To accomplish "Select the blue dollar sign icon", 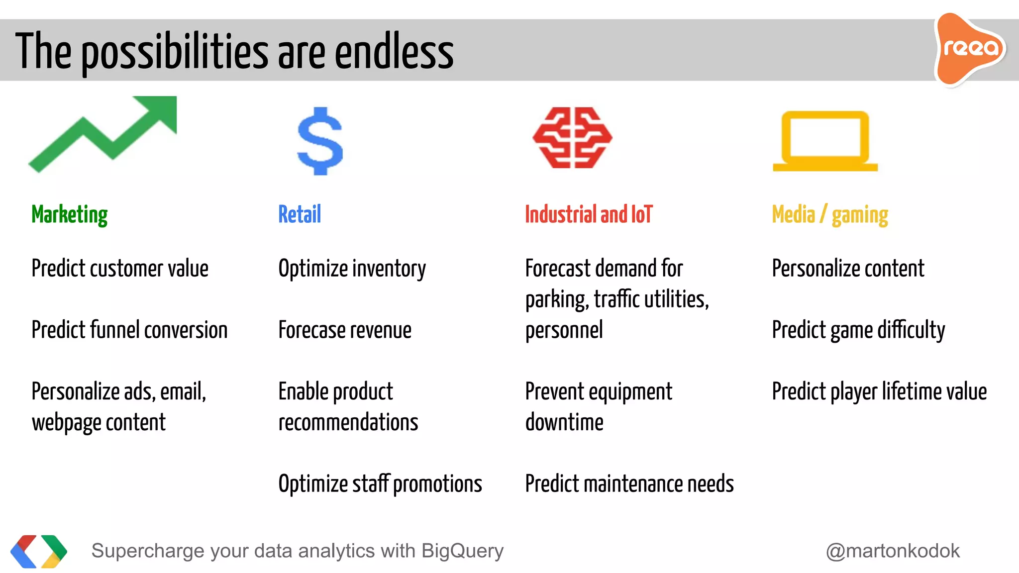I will pyautogui.click(x=320, y=141).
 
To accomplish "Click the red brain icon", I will pyautogui.click(x=572, y=138).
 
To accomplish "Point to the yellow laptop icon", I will pyautogui.click(x=825, y=141).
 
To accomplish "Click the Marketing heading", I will pyautogui.click(x=69, y=215).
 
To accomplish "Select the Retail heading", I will pyautogui.click(x=300, y=215).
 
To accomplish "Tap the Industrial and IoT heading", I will pyautogui.click(x=589, y=215).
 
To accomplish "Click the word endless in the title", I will pyautogui.click(x=394, y=52).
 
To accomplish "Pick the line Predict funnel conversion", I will pyautogui.click(x=129, y=330).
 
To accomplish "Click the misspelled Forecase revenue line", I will pyautogui.click(x=345, y=330).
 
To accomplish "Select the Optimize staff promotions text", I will pyautogui.click(x=380, y=484).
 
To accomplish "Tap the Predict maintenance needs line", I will pyautogui.click(x=629, y=484).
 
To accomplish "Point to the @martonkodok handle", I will pyautogui.click(x=893, y=551).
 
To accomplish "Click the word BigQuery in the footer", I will pyautogui.click(x=462, y=551).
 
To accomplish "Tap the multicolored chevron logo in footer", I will pyautogui.click(x=39, y=551).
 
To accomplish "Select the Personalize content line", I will pyautogui.click(x=848, y=269).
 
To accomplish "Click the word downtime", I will pyautogui.click(x=564, y=423).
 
